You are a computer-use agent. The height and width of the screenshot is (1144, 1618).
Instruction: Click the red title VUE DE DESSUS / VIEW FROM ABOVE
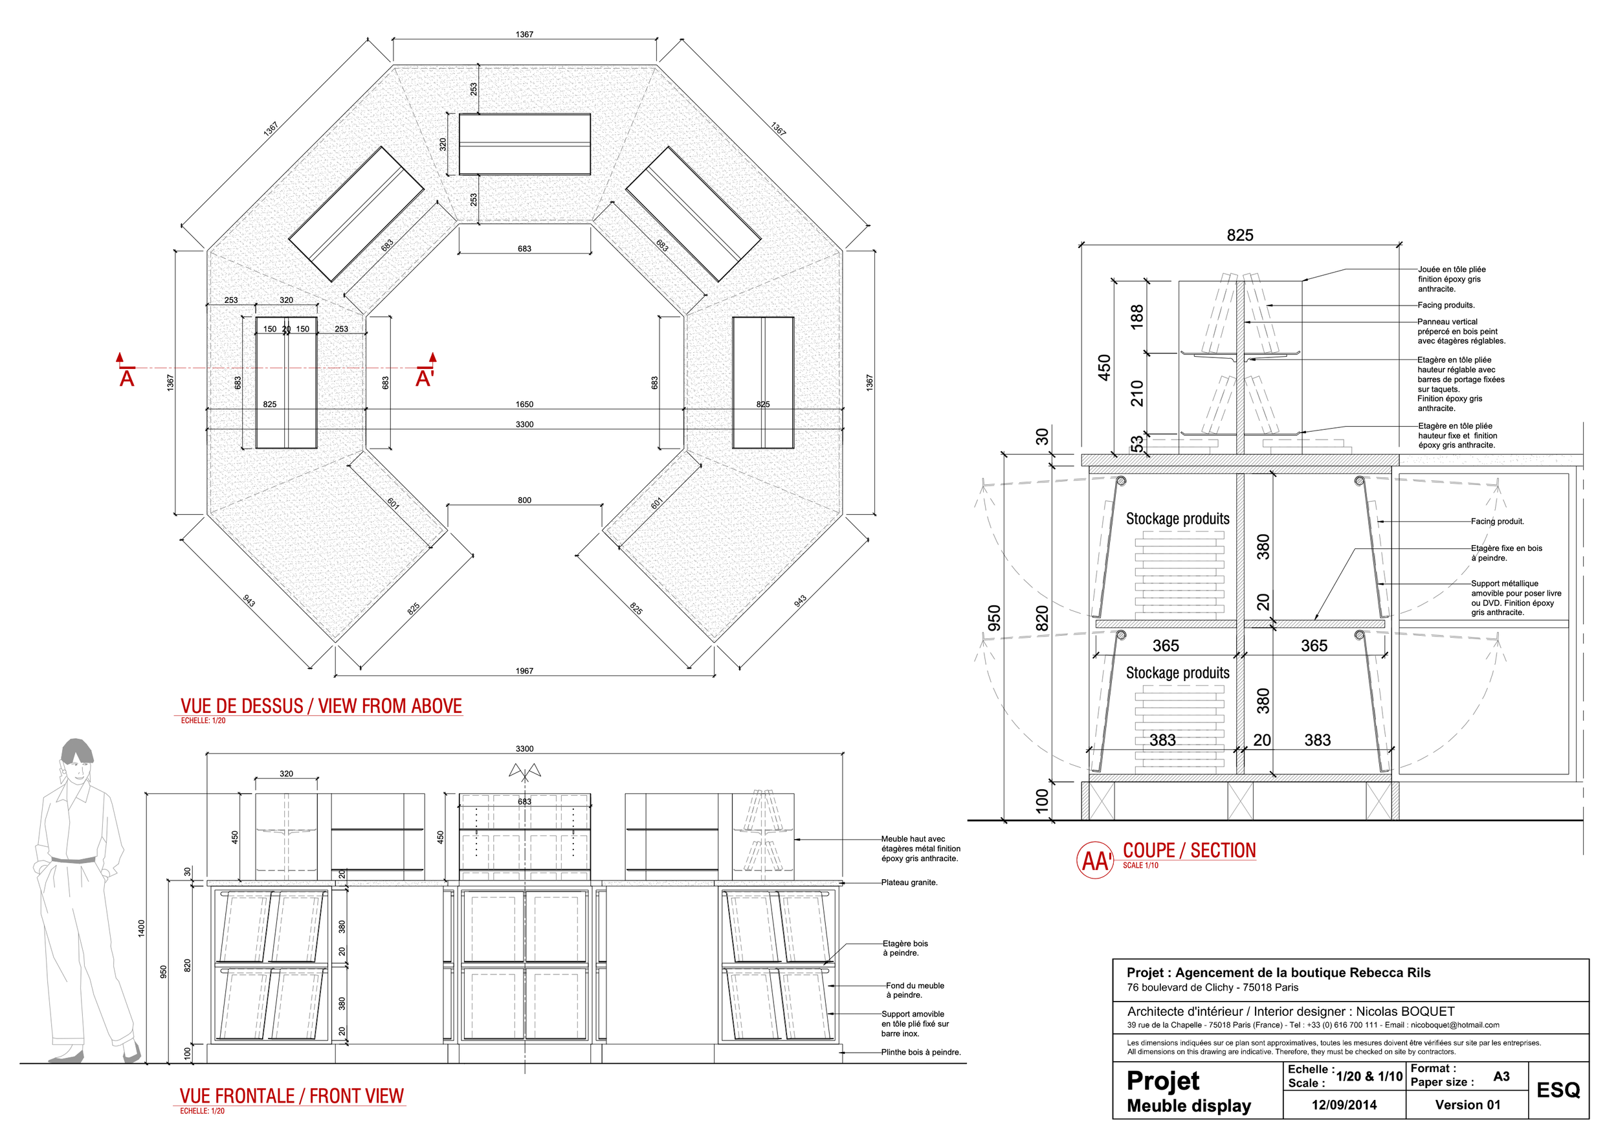tap(320, 706)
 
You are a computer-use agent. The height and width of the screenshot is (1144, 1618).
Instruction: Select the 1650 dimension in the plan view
tap(524, 405)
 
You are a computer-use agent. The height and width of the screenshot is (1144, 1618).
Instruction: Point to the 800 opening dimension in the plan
tap(524, 500)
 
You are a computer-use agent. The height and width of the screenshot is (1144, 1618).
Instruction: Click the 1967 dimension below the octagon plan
tap(524, 671)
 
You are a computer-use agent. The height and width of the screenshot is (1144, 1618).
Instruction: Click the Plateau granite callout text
tap(909, 882)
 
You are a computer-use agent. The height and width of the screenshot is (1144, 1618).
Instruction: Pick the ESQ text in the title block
tap(1558, 1090)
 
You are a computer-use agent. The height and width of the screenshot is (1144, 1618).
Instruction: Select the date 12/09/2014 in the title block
tap(1344, 1105)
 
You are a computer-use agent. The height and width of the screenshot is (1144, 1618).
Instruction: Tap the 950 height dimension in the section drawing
tap(994, 618)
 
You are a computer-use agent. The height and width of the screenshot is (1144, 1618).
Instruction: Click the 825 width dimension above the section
tap(1239, 236)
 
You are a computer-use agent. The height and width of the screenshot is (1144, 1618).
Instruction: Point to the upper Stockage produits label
tap(1177, 519)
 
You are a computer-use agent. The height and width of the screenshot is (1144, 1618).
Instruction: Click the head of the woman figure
tap(76, 757)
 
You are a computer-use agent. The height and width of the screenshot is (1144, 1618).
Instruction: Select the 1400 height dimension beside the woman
tap(142, 928)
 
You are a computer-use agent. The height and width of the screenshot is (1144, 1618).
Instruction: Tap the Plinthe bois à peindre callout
tap(920, 1052)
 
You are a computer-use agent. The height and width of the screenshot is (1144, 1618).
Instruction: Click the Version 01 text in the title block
tap(1468, 1105)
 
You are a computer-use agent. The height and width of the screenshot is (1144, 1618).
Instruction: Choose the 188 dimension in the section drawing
tap(1136, 317)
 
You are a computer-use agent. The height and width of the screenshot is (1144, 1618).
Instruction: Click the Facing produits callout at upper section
tap(1446, 305)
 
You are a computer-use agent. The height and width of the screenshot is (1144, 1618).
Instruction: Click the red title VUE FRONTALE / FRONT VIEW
tap(291, 1096)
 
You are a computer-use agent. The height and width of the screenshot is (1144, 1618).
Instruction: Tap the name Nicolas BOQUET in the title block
tap(1405, 1011)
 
